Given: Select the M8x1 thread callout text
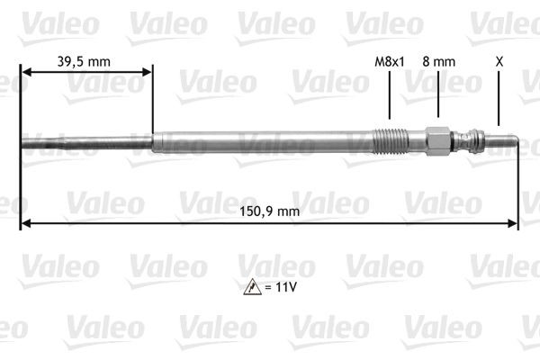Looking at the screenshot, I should click(x=389, y=62).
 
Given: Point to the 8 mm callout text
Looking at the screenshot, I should click(x=438, y=62).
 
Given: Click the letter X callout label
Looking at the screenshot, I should click(x=499, y=62).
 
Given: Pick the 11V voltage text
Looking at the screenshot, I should click(x=285, y=288).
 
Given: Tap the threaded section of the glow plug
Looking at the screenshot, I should click(x=390, y=141).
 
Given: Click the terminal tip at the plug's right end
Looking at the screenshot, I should click(x=505, y=141).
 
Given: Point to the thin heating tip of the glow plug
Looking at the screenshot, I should click(x=85, y=141).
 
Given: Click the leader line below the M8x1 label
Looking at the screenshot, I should click(x=389, y=95).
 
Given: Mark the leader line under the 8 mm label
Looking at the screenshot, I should click(x=438, y=94).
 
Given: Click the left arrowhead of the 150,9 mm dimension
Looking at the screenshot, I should click(x=25, y=221).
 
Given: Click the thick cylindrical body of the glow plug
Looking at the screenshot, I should click(x=261, y=141).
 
